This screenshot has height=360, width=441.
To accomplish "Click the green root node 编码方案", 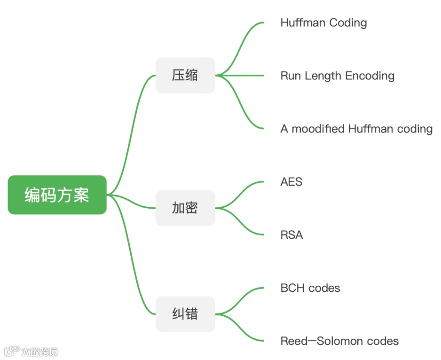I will (57, 195).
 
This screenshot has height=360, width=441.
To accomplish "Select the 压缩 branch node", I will (185, 75).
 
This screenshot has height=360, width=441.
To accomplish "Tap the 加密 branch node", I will (185, 208).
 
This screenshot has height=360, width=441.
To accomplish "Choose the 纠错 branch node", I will (185, 314).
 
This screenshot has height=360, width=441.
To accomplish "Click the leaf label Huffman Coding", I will (323, 23).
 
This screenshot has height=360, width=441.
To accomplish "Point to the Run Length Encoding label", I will (337, 76).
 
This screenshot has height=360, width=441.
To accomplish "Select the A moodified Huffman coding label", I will (356, 129).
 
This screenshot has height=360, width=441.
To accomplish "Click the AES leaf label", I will (291, 182).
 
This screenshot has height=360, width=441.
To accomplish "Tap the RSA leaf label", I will (291, 235).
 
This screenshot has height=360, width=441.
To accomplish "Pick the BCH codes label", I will (310, 288).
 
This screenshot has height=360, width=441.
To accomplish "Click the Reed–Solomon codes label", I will (339, 341).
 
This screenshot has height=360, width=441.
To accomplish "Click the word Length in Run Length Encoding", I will (324, 76).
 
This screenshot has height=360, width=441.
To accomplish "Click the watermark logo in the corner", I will (12, 351).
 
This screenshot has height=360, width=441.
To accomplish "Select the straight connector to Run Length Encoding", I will (244, 75).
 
